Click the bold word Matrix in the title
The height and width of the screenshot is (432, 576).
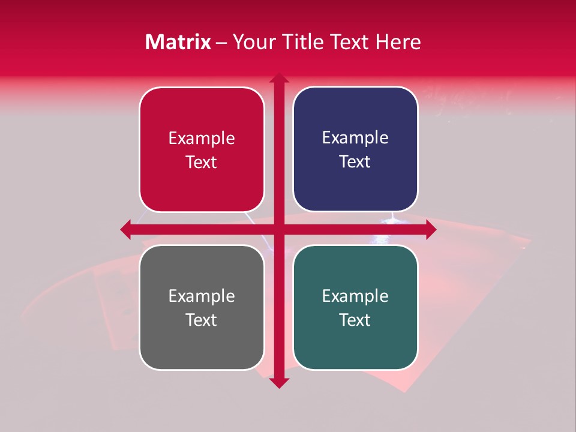[x=178, y=42]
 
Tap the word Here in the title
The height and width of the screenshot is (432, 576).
[x=398, y=42]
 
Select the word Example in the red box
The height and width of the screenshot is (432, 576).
[x=202, y=139]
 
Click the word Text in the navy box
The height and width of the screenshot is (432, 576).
[x=355, y=162]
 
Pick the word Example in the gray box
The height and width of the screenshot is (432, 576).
[x=202, y=296]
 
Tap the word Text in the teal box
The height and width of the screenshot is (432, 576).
[x=355, y=320]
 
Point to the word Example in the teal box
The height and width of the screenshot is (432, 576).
[x=355, y=296]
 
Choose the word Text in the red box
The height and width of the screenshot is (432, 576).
[x=202, y=163]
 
